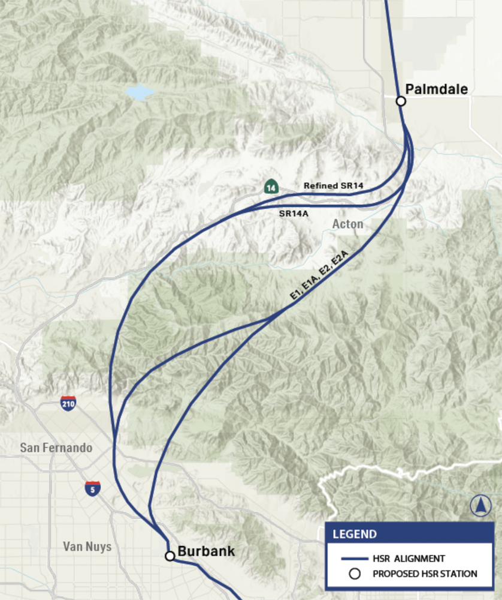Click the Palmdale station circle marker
401,101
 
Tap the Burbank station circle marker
170,556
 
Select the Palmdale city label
436,89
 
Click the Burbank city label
206,551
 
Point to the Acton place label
347,224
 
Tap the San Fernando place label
56,448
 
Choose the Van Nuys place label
87,547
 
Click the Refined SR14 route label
334,185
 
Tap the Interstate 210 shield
68,403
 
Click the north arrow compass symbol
479,506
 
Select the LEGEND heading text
355,534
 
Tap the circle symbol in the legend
355,574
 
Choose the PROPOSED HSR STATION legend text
425,574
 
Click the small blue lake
140,92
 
